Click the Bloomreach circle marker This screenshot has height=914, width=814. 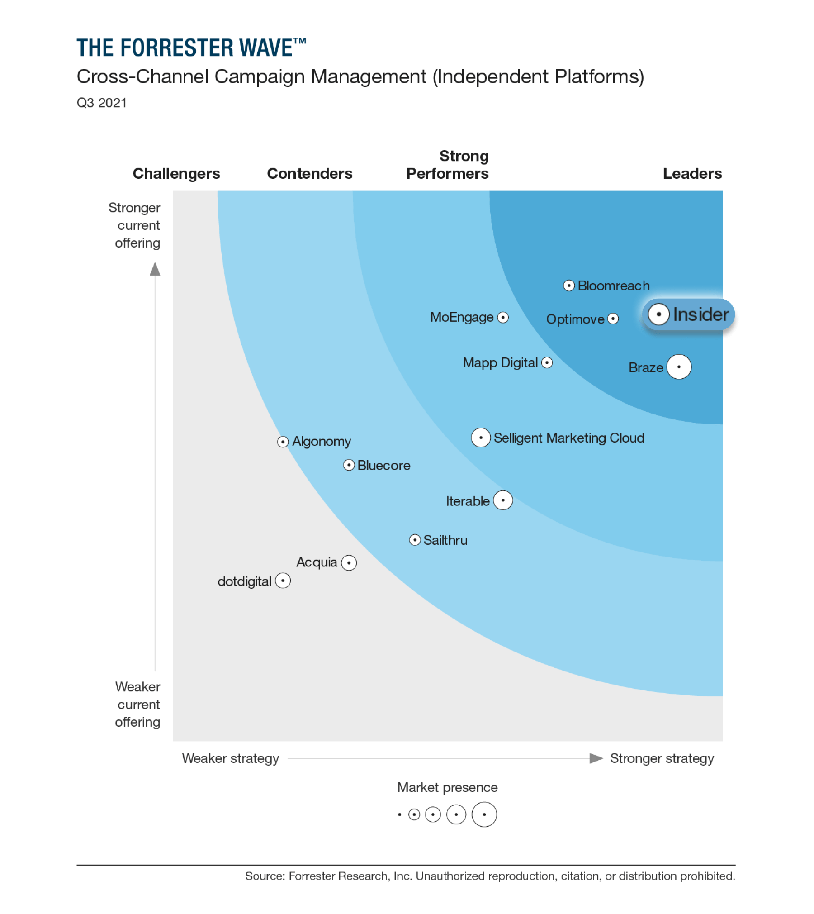coord(568,286)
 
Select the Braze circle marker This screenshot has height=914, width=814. coord(678,367)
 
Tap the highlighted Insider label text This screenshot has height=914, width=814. coord(700,314)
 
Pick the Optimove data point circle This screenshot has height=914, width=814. coord(613,319)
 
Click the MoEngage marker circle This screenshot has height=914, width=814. coord(503,318)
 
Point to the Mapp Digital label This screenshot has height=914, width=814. coord(500,363)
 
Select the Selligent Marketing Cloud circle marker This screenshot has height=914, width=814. coord(481,438)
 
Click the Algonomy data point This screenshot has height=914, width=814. coord(283,442)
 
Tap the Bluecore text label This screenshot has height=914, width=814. coord(383,466)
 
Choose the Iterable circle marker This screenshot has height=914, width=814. coord(503,500)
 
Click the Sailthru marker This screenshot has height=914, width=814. coord(414,540)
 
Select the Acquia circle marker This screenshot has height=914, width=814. coord(349,563)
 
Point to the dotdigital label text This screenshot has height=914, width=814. coord(244,581)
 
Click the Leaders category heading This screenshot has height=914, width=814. coord(692,174)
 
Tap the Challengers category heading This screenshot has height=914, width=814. coord(176,174)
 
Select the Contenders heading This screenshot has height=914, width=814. coord(309,174)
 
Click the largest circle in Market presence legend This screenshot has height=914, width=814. coord(484,814)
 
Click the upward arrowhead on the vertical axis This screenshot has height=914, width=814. coord(155,269)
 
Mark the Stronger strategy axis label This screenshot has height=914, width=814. coord(662,758)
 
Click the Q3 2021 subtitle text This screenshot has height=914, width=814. coord(101,103)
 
